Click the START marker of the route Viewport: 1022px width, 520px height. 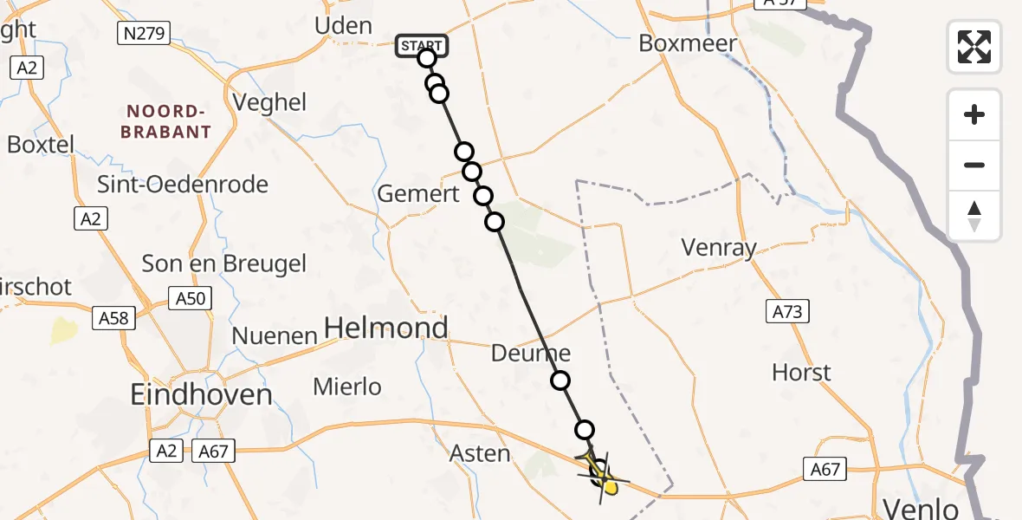(x=421, y=45)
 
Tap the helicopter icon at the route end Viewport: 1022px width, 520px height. (x=602, y=474)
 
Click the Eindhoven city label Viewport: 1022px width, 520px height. (x=201, y=395)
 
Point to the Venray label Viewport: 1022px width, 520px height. (x=719, y=248)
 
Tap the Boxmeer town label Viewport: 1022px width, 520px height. (x=688, y=43)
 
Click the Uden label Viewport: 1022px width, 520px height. (x=343, y=26)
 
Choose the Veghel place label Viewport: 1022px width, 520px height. (x=270, y=102)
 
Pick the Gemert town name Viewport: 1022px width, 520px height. (x=418, y=194)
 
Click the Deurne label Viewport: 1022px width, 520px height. (x=531, y=353)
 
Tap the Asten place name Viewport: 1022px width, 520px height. (x=480, y=452)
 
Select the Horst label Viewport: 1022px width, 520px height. (x=801, y=373)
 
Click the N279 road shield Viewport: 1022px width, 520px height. (x=143, y=34)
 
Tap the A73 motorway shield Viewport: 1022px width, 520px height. (x=787, y=311)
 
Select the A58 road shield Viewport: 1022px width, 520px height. (x=113, y=318)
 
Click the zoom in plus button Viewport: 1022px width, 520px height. (x=974, y=115)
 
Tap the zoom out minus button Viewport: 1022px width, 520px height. (x=974, y=165)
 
